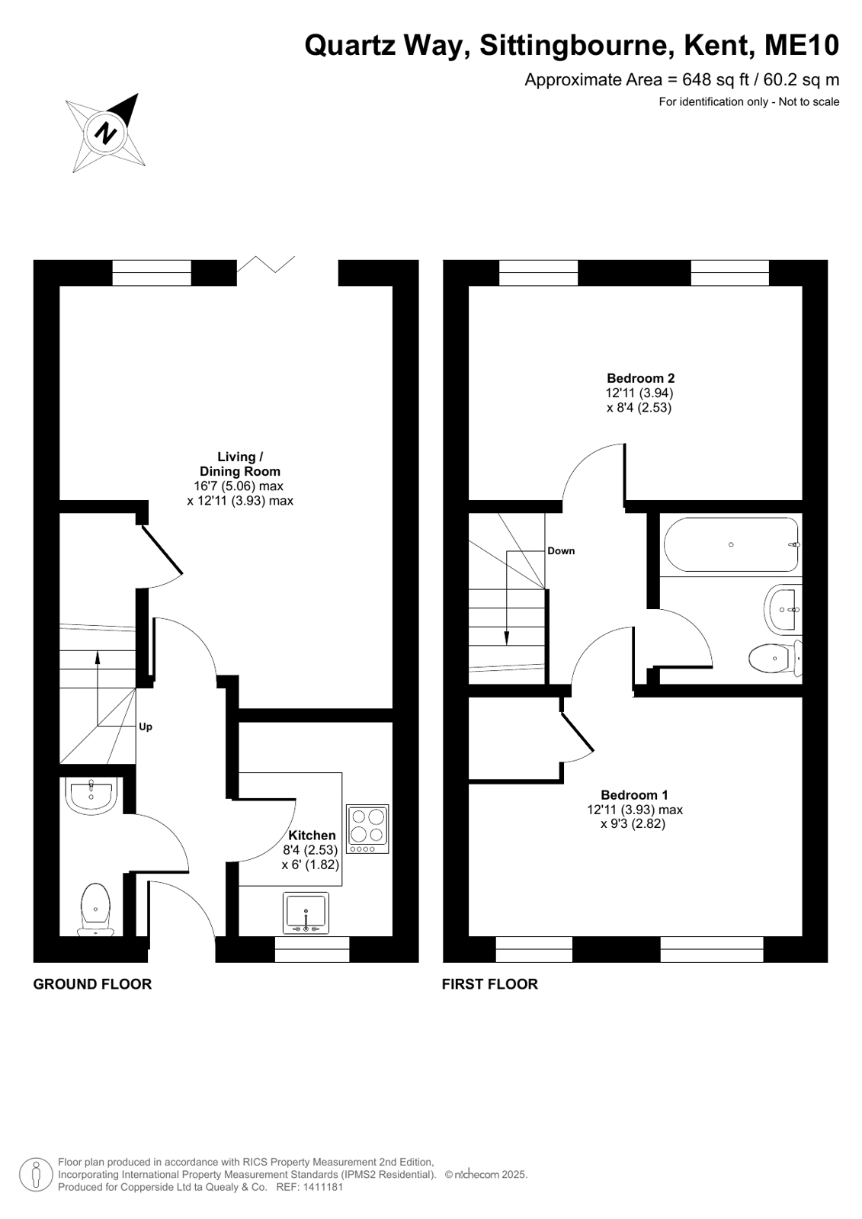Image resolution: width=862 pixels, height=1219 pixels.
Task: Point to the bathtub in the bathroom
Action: pyautogui.click(x=731, y=545)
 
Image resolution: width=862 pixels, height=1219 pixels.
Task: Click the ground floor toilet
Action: pyautogui.click(x=96, y=909)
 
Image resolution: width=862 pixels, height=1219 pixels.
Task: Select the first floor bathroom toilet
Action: pyautogui.click(x=775, y=659)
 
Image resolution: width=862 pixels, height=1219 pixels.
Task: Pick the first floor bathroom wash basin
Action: pyautogui.click(x=783, y=610)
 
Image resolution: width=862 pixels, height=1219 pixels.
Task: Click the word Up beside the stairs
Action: pyautogui.click(x=146, y=727)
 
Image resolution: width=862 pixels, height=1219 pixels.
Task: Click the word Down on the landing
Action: pyautogui.click(x=561, y=550)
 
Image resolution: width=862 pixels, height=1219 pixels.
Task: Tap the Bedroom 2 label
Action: pyautogui.click(x=640, y=377)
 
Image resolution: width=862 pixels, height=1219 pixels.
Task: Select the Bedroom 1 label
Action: pyautogui.click(x=635, y=794)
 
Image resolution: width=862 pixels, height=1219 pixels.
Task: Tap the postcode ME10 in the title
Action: pyautogui.click(x=802, y=45)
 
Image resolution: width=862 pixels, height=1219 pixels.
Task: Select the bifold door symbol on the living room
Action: pyautogui.click(x=266, y=265)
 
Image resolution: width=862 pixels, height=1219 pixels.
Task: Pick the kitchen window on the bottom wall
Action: pyautogui.click(x=312, y=949)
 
